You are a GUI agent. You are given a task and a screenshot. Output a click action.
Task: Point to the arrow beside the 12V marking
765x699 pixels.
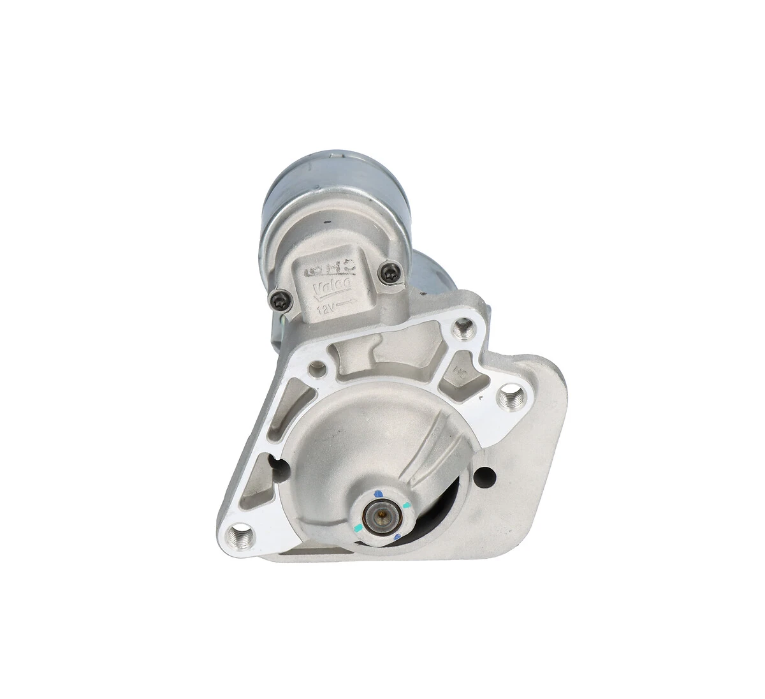click(x=346, y=305)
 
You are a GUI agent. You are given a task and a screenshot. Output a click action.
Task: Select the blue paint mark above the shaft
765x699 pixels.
click(x=379, y=493)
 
